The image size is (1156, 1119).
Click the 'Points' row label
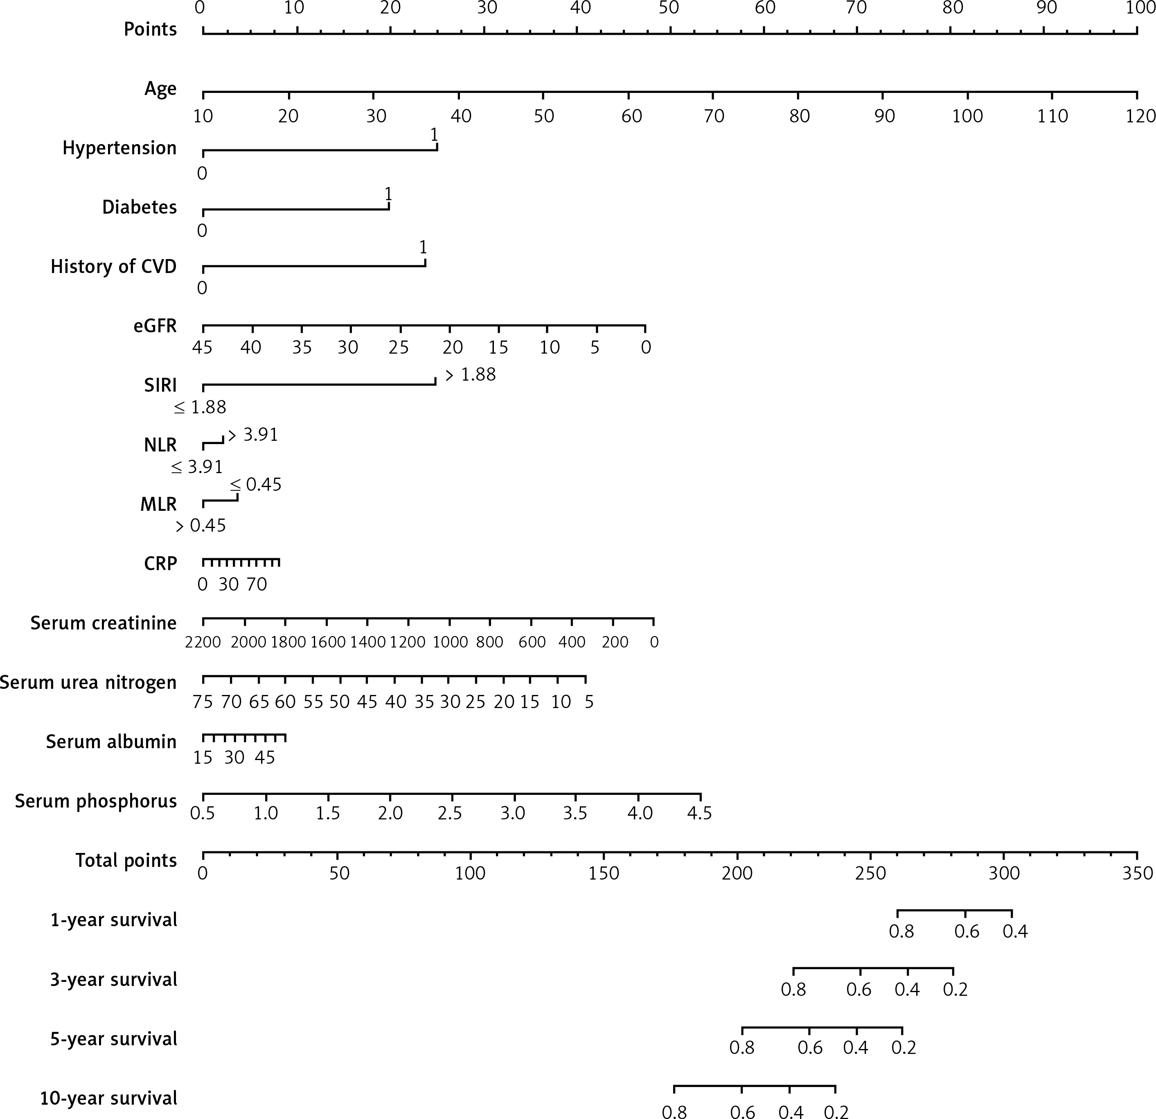pos(150,29)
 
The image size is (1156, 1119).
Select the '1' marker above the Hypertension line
pos(434,135)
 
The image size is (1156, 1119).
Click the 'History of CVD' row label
pos(113,266)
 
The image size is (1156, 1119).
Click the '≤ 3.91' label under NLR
pos(197,467)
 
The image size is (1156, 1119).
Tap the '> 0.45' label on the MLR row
pos(201,526)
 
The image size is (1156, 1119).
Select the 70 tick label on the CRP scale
pos(257,584)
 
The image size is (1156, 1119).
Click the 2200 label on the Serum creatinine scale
pos(203,642)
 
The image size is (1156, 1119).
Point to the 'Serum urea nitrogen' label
pos(88,682)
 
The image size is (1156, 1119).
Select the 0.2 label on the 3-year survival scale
pos(955,989)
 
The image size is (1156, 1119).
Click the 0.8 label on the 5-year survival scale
pos(741,1048)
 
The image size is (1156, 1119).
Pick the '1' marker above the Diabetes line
pos(388,194)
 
